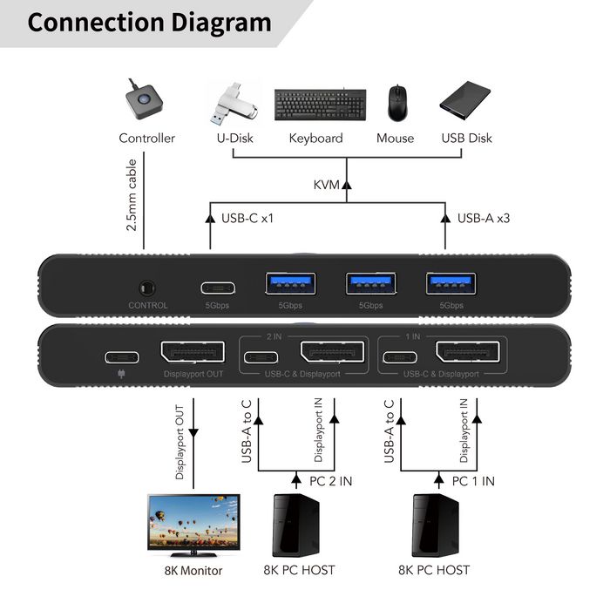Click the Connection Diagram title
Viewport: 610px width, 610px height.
[x=148, y=23]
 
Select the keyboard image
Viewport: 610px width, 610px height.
[x=315, y=105]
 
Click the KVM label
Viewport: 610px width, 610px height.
[x=326, y=185]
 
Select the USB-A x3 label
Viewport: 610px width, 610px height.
[x=483, y=217]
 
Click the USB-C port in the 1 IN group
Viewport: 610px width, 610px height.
[x=399, y=356]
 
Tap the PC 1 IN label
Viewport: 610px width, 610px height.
[x=473, y=481]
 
